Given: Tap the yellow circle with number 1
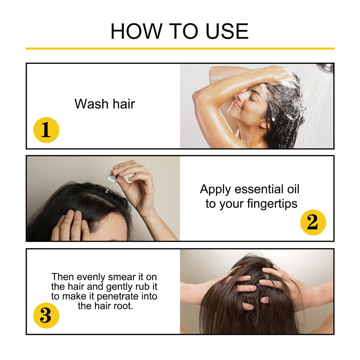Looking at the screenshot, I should (x=46, y=130).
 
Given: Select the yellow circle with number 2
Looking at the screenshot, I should (x=313, y=222).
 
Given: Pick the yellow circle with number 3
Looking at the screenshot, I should (x=46, y=315).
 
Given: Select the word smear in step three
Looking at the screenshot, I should (x=120, y=277).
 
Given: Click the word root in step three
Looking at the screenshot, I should (x=125, y=306).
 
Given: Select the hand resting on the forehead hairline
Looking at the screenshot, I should (x=72, y=225).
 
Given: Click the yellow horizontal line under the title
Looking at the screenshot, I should (x=180, y=48).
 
